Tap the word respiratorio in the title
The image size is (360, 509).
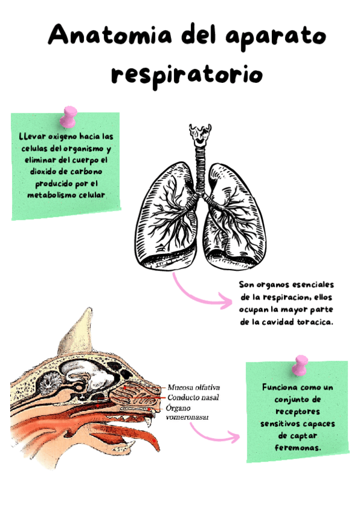pyautogui.click(x=187, y=74)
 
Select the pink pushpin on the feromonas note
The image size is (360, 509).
pyautogui.click(x=299, y=363)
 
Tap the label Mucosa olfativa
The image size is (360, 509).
pyautogui.click(x=194, y=388)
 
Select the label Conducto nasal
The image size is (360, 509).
pyautogui.click(x=193, y=397)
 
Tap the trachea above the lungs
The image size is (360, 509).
pyautogui.click(x=200, y=161)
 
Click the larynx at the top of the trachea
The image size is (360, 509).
pyautogui.click(x=200, y=134)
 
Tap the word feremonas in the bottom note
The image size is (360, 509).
pyautogui.click(x=298, y=448)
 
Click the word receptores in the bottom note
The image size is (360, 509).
pyautogui.click(x=297, y=412)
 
